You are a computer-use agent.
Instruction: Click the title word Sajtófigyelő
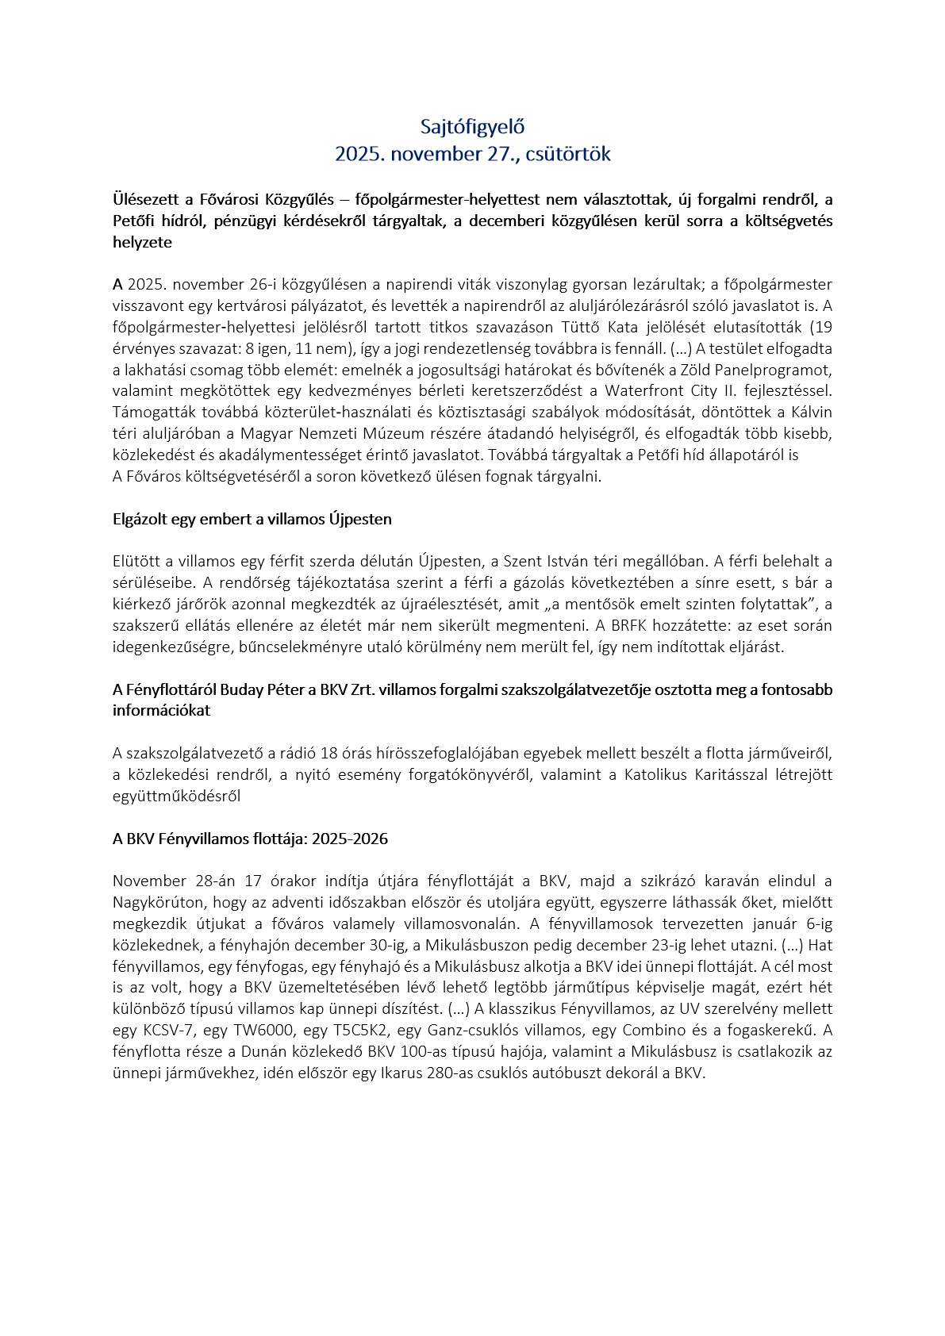472,127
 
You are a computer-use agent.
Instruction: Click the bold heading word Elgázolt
140,520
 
